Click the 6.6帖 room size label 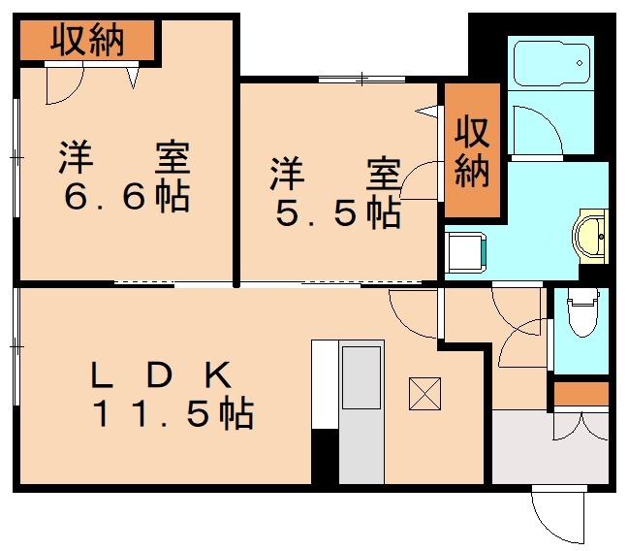click(x=126, y=197)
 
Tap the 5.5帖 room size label click(x=337, y=213)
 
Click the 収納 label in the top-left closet click(x=88, y=41)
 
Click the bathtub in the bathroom click(x=551, y=65)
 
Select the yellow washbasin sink click(x=591, y=233)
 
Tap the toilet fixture click(x=582, y=311)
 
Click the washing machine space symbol click(x=465, y=251)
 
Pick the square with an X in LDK click(x=425, y=392)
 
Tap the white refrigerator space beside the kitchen click(x=324, y=383)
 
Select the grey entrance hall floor click(x=549, y=447)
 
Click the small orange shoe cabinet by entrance click(x=580, y=394)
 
